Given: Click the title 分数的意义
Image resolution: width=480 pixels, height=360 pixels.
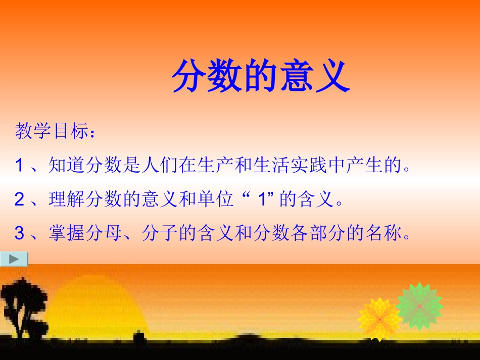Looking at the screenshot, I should click(260, 77).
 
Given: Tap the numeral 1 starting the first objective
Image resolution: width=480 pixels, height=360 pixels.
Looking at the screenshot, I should click(20, 165).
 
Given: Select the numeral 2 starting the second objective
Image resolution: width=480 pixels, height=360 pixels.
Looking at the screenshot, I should click(20, 200).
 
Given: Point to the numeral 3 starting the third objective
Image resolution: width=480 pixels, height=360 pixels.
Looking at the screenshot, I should click(20, 233).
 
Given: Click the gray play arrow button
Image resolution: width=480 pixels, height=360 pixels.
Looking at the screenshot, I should click(14, 259).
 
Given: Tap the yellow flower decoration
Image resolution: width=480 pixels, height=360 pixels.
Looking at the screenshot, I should click(379, 318).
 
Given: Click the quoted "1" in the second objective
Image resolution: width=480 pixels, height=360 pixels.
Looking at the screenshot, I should click(261, 200).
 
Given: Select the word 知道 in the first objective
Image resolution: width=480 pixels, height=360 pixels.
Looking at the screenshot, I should click(65, 165).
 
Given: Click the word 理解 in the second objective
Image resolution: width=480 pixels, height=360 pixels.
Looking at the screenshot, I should click(65, 200).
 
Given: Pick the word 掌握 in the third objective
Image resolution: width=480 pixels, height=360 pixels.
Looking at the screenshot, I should click(65, 233).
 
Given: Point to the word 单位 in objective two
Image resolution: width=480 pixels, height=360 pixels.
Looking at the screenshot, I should click(210, 200).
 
